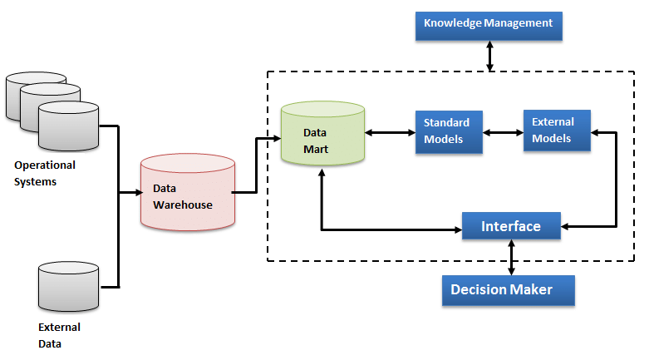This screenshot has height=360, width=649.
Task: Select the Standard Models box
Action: coord(450,131)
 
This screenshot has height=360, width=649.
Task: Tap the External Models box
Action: coord(556,130)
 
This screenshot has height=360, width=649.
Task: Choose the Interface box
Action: coord(511,226)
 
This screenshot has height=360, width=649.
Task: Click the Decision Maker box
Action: coord(508,290)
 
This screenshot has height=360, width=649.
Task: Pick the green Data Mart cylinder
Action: coord(322,133)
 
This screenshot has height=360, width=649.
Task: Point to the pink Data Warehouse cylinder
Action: coord(187,192)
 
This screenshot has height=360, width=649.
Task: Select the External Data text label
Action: coord(59,335)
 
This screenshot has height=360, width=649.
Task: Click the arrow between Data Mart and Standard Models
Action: coord(390,131)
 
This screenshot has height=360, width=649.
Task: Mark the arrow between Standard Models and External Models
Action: coord(504,131)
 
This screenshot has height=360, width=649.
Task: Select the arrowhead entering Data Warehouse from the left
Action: coord(135,192)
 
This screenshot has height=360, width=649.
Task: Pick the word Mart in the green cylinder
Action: coord(315,150)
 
